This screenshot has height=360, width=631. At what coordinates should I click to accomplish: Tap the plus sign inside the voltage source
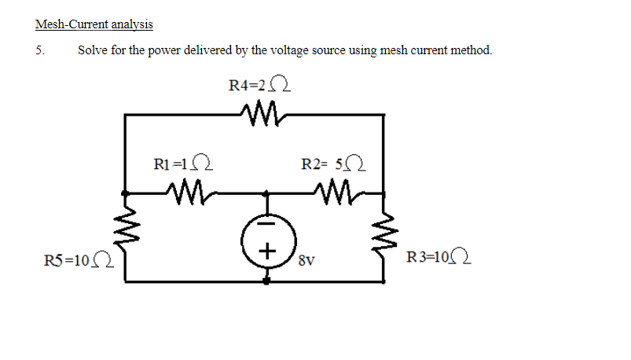[267, 252]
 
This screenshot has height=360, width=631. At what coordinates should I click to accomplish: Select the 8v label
[306, 260]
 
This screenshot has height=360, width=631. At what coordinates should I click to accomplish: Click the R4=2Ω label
[259, 85]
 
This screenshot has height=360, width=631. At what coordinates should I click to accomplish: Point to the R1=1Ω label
[183, 163]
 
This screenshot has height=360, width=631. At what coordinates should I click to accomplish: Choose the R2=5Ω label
[334, 163]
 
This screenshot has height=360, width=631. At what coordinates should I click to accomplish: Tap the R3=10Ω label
[438, 256]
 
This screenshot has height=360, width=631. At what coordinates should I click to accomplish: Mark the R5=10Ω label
[79, 260]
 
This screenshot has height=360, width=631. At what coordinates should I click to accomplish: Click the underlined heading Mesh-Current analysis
[94, 24]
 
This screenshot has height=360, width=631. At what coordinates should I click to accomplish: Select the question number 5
[40, 50]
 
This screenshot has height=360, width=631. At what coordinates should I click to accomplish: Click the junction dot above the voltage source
[266, 193]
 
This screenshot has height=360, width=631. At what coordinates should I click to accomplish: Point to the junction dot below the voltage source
[266, 281]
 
